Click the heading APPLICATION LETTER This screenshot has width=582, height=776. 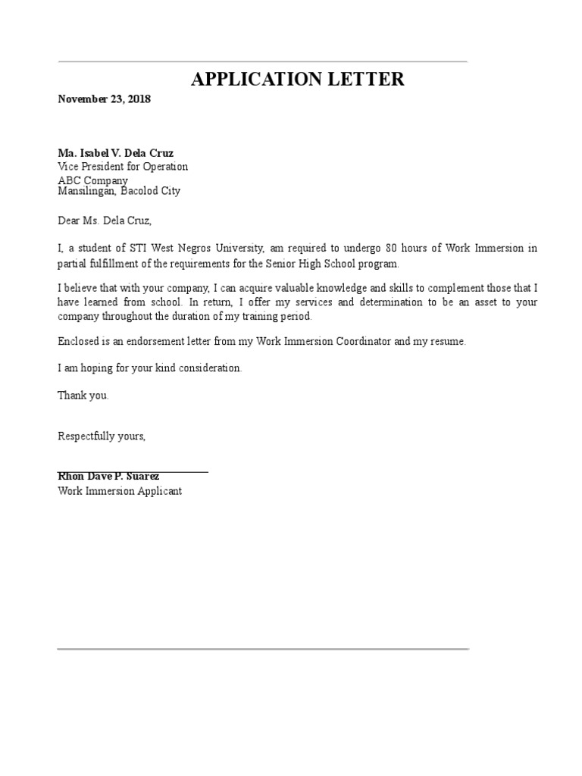click(x=298, y=79)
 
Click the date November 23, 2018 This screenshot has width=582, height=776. click(x=104, y=99)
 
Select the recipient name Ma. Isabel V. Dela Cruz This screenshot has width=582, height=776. click(x=115, y=153)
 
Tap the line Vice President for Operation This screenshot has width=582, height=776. click(x=123, y=167)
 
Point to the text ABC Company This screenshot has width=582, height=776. click(x=92, y=180)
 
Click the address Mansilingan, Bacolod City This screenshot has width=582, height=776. click(x=119, y=191)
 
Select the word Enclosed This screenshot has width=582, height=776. click(x=79, y=342)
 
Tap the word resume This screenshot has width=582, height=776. click(x=448, y=342)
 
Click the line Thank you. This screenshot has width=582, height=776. click(x=83, y=395)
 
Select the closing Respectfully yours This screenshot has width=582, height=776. click(x=102, y=436)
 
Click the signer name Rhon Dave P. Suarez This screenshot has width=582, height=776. click(x=108, y=477)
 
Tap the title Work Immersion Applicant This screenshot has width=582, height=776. click(x=120, y=491)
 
